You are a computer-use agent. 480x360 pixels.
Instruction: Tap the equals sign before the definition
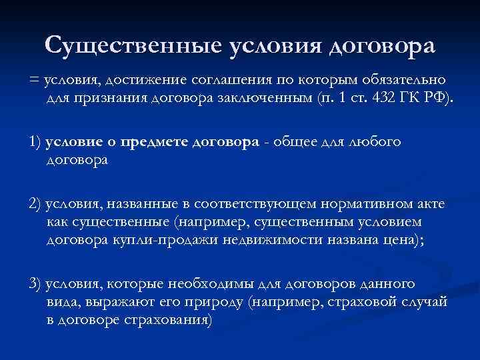[x=34, y=81]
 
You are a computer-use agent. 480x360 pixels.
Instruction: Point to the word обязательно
[x=401, y=81]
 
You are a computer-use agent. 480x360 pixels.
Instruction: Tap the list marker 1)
[x=35, y=143]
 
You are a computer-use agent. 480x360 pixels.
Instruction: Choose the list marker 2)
[x=35, y=205]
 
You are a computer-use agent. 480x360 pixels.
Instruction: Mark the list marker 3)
[x=35, y=284]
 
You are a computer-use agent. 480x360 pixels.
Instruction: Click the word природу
[x=217, y=302]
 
